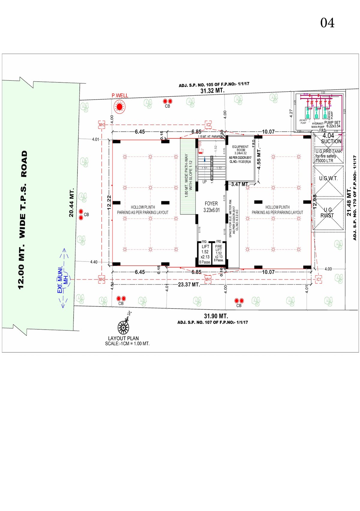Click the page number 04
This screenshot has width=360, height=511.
pos(327,23)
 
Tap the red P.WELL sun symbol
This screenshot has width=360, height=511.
pos(119,106)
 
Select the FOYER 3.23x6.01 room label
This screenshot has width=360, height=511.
pos(211,207)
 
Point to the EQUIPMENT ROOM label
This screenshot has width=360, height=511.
pos(240,148)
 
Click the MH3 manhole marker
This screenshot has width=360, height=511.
pos(102,125)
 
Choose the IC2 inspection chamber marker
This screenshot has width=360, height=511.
pos(208,125)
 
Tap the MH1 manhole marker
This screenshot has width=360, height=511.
pos(208,279)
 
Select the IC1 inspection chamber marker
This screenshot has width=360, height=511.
pos(319,279)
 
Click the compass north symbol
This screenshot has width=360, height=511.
pos(124,326)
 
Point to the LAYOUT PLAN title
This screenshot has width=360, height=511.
pos(123,338)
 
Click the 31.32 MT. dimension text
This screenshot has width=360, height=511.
pos(212,91)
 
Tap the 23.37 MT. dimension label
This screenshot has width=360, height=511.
pos(189,284)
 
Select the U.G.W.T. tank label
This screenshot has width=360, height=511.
pos(328,178)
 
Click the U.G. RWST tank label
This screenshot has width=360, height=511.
pos(327,213)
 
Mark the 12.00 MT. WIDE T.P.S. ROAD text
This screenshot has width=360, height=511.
pos(23,220)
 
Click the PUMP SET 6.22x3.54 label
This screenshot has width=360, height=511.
pos(333,124)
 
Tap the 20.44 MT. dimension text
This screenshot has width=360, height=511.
pos(71,203)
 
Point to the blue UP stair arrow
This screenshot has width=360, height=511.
pos(205,160)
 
